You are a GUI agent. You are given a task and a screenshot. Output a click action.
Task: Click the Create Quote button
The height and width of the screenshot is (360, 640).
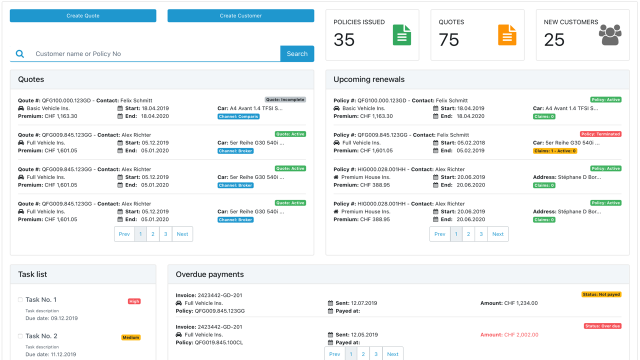(x=83, y=15)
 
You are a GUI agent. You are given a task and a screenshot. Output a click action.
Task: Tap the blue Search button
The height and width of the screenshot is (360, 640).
(x=297, y=53)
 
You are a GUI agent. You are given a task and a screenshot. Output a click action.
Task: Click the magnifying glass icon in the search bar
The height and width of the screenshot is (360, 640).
(x=19, y=53)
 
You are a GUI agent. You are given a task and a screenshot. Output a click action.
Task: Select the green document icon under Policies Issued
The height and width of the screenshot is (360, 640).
(x=401, y=35)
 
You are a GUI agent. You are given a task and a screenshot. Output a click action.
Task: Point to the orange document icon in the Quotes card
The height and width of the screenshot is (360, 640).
(x=507, y=35)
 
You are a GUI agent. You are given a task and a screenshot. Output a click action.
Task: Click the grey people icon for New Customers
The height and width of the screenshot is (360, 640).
(x=610, y=35)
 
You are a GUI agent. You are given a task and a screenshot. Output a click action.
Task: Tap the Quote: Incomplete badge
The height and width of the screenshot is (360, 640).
(x=285, y=99)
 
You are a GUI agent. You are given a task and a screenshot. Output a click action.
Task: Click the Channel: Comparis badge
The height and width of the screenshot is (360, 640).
(x=238, y=116)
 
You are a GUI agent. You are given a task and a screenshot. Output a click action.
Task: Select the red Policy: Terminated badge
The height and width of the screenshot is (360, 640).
(x=600, y=134)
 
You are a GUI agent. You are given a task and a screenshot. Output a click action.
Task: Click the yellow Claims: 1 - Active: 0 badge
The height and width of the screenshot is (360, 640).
(x=555, y=151)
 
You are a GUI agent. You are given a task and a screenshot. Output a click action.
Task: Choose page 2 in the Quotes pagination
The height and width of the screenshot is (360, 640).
(x=153, y=234)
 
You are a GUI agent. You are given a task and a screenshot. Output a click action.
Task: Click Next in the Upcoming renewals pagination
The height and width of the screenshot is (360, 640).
(x=497, y=234)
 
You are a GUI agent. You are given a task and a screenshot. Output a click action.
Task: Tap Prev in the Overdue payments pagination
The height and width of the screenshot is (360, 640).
(x=334, y=354)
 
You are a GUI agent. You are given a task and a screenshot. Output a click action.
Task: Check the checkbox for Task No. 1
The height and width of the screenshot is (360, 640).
(x=20, y=299)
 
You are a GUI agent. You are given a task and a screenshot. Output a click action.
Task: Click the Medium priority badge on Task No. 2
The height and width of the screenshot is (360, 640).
(x=131, y=337)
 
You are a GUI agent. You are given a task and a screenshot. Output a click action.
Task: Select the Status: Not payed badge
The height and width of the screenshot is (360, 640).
(x=601, y=294)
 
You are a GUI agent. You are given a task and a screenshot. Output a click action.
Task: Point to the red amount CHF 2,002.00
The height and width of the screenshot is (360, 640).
(x=521, y=335)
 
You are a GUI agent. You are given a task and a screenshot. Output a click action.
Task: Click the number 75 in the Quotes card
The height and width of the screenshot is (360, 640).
(x=449, y=39)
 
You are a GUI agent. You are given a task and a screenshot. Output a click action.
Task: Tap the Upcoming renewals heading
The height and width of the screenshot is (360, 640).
(x=369, y=79)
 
